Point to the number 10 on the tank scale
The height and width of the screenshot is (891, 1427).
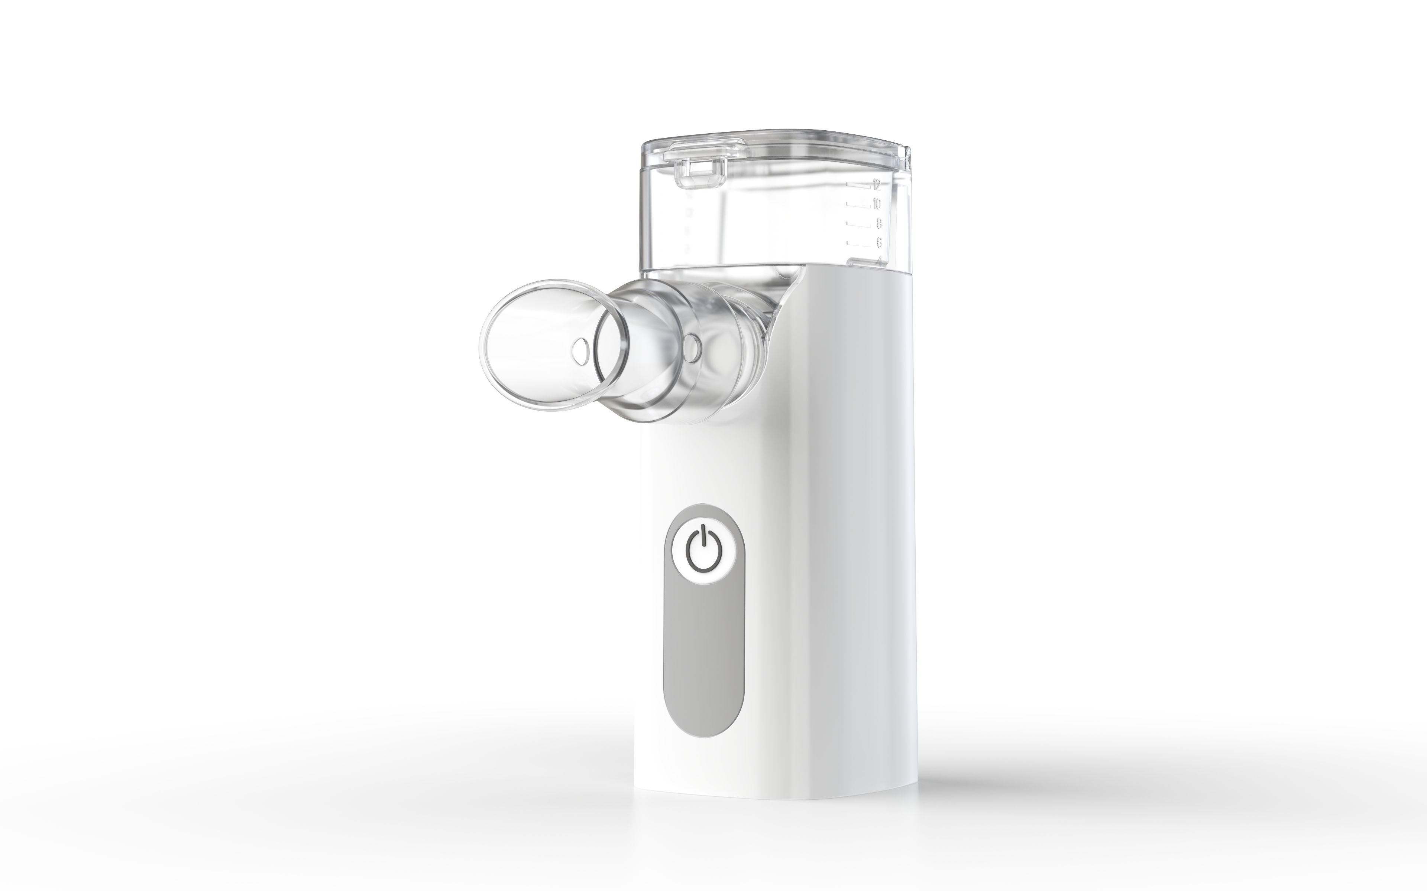coord(877,204)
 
